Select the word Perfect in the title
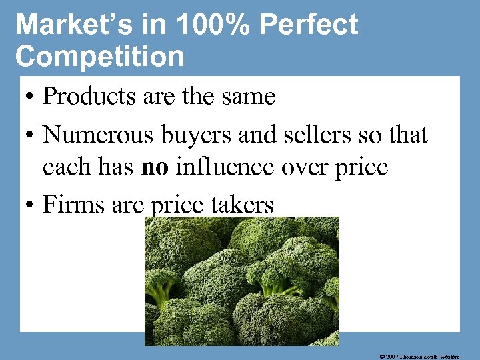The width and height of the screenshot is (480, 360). coord(309,25)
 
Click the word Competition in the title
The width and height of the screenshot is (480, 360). coord(100,56)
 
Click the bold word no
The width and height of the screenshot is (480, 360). coord(155,167)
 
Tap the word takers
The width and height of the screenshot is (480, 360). coord(243,205)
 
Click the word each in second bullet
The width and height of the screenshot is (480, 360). coord(69,167)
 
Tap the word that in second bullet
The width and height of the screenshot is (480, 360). coord(407,135)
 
